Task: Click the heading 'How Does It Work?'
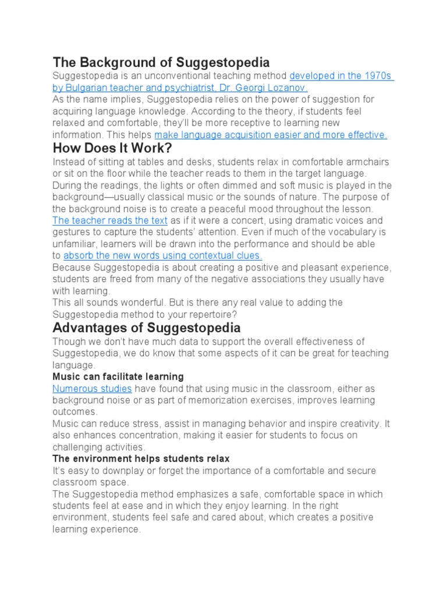pos(112,149)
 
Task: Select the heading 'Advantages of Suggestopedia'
pos(146,328)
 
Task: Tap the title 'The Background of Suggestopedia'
pos(161,62)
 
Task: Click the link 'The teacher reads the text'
pos(110,220)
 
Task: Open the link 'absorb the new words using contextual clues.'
pos(162,255)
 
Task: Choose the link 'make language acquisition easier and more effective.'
pos(271,135)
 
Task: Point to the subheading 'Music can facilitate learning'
pos(118,377)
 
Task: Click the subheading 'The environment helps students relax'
pos(141,459)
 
